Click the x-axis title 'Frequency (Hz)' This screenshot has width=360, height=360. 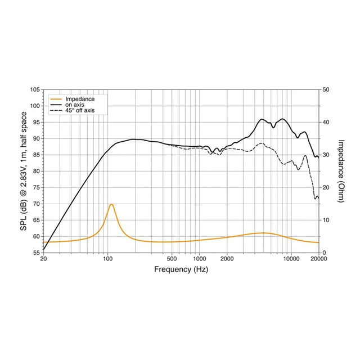point(181,269)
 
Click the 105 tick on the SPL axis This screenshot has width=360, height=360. point(34,90)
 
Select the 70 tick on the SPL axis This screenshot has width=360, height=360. point(36,204)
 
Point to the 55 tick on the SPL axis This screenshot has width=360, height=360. point(36,253)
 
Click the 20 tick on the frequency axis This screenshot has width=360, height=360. point(43,259)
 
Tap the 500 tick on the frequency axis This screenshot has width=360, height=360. point(172,259)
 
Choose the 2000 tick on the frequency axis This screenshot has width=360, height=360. point(227,259)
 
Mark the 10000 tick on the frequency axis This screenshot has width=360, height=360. point(290,259)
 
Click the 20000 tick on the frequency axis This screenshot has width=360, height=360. point(318,259)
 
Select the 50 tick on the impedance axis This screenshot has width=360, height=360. point(326,90)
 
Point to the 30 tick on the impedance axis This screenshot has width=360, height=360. point(326,155)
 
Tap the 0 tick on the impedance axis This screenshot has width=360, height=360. point(325,253)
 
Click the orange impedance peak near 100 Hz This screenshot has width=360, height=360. point(111,204)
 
